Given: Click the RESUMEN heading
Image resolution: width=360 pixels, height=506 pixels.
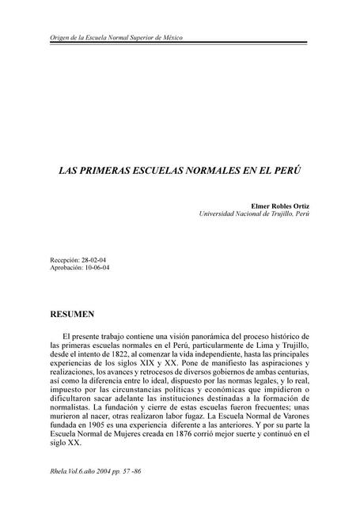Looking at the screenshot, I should [x=73, y=315].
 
